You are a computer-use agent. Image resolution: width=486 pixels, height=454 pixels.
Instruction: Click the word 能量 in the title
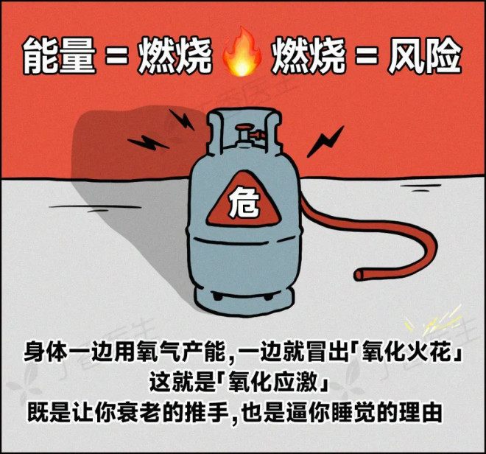(x=59, y=55)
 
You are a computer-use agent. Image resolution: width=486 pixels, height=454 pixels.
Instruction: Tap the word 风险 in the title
(x=425, y=55)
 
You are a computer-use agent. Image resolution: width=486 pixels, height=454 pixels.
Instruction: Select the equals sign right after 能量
(x=116, y=56)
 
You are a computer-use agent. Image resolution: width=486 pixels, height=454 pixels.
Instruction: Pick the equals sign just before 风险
(x=367, y=56)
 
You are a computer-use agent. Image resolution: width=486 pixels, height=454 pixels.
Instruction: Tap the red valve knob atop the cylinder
(x=244, y=128)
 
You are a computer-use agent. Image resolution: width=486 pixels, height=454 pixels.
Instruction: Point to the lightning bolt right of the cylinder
(x=325, y=142)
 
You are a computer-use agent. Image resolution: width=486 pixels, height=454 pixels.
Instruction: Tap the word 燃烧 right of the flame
(x=309, y=55)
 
